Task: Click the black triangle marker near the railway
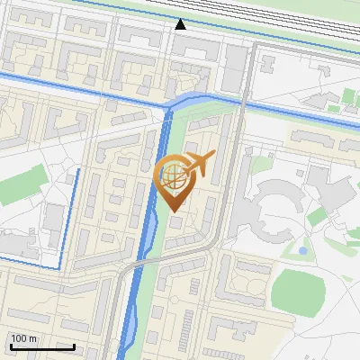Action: pos(181,24)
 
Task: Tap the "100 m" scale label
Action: pos(23,338)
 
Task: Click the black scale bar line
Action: pos(42,346)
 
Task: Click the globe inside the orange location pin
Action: pos(174,175)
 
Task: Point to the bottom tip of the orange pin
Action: pos(174,211)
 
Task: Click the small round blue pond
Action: pos(303,249)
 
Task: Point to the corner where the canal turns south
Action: pos(167,108)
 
